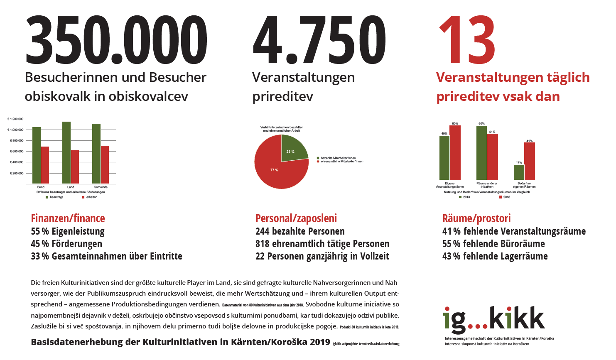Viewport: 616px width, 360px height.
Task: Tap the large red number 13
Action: point(467,40)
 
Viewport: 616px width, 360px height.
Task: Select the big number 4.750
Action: point(319,40)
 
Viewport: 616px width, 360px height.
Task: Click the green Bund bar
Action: point(37,155)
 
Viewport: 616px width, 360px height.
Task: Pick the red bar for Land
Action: point(75,167)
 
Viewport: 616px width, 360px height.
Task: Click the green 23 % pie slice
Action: point(293,149)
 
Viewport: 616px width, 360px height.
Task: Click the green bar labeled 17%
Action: point(519,172)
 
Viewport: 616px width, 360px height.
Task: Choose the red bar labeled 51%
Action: point(493,157)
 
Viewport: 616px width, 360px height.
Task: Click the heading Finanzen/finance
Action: point(68,218)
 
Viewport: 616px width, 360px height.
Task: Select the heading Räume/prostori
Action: point(476,218)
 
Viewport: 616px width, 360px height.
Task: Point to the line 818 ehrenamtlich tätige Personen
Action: point(322,244)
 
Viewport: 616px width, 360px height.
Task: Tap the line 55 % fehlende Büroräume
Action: point(493,244)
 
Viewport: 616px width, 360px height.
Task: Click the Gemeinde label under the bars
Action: point(101,187)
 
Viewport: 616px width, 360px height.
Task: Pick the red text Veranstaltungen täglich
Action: point(513,78)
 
